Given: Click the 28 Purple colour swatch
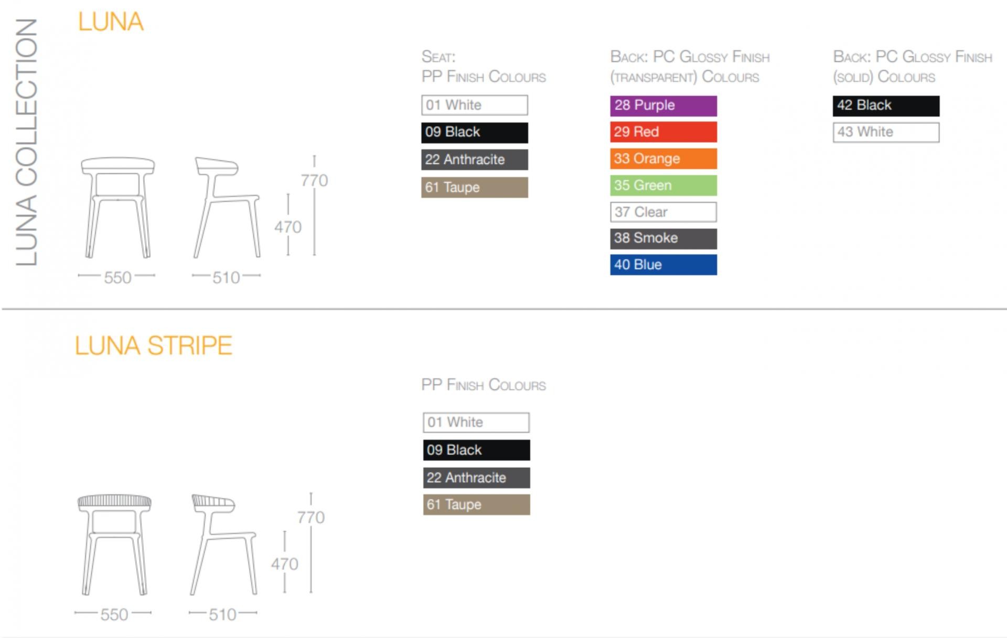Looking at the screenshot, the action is (x=663, y=106).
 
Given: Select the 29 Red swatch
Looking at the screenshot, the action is (x=663, y=132).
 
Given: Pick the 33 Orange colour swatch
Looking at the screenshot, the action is (x=663, y=159).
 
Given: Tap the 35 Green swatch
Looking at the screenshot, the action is (x=663, y=185).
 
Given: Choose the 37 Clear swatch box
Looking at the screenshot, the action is (x=663, y=212).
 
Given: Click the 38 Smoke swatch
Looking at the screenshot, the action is (x=663, y=238).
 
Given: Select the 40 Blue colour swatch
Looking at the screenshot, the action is (x=663, y=265).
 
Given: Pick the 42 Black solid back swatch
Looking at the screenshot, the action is (x=886, y=106).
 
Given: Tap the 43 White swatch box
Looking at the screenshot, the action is (x=886, y=132).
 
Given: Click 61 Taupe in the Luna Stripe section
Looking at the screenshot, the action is (x=476, y=505).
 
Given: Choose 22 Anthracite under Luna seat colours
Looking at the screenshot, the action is (x=475, y=160).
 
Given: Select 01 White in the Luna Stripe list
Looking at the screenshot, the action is (x=476, y=422).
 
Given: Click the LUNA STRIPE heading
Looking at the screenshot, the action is (x=153, y=346).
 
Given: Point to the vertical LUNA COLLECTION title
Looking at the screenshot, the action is (x=26, y=142).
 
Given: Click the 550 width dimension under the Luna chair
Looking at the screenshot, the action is (x=117, y=277).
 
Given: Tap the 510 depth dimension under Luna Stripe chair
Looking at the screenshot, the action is (x=222, y=614).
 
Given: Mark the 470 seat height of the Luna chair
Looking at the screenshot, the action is (x=288, y=227).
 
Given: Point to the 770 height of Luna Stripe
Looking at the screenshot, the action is (x=311, y=517).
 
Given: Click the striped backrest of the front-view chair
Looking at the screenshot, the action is (x=114, y=501).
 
